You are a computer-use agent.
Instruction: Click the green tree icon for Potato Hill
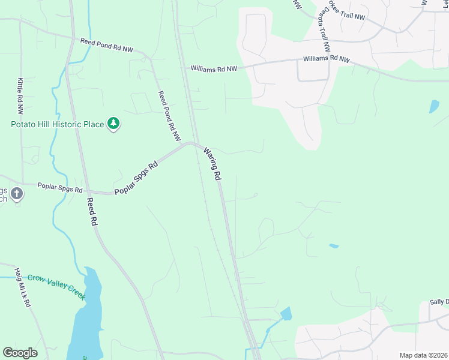coord(113,124)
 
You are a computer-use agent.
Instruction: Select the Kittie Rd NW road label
coord(20,97)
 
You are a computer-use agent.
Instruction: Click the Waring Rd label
coord(212,164)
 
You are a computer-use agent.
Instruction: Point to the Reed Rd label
coord(92,212)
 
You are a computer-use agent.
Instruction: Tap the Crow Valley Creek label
coord(56,286)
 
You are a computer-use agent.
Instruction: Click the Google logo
coord(20,352)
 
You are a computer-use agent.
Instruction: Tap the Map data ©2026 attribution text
coord(423,355)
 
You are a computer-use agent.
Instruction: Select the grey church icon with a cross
coord(16,194)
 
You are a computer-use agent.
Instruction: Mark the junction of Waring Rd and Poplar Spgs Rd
coord(193,144)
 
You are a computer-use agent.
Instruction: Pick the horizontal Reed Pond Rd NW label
coord(107,46)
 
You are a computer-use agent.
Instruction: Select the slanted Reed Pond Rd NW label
coord(169,115)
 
